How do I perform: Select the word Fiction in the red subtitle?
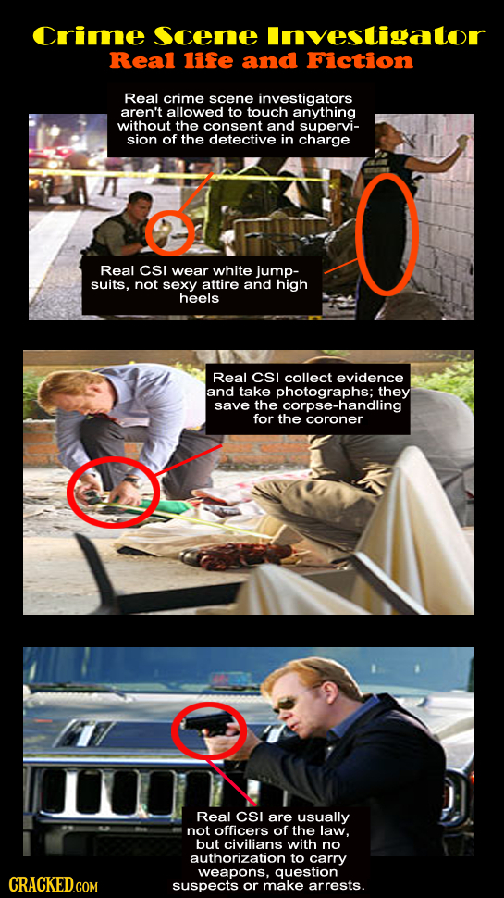353,63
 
